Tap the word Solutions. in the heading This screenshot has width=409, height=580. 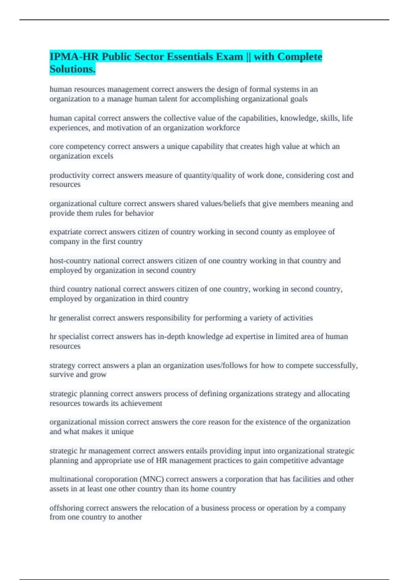pos(72,69)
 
